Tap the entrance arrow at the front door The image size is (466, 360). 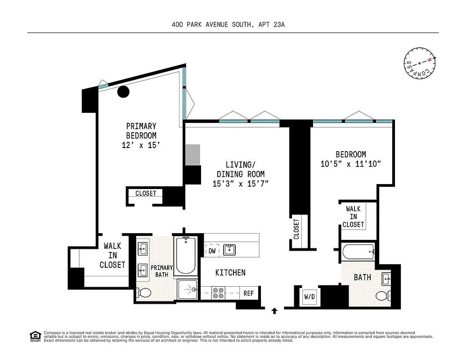[274, 310]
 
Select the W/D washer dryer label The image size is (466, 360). [310, 297]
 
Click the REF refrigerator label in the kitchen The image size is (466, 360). [249, 293]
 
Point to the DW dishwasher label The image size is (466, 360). [212, 251]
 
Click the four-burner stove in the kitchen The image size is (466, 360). [219, 293]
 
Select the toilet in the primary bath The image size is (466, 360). [144, 293]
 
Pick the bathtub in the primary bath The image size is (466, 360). [185, 255]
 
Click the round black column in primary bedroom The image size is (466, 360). [123, 92]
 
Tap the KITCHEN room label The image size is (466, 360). [230, 272]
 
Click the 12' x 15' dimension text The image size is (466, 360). [141, 145]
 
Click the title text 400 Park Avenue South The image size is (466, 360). [228, 25]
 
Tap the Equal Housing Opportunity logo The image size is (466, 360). [34, 336]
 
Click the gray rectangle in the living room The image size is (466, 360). [193, 154]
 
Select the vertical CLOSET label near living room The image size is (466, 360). [296, 229]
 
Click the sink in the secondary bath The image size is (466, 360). [386, 278]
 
